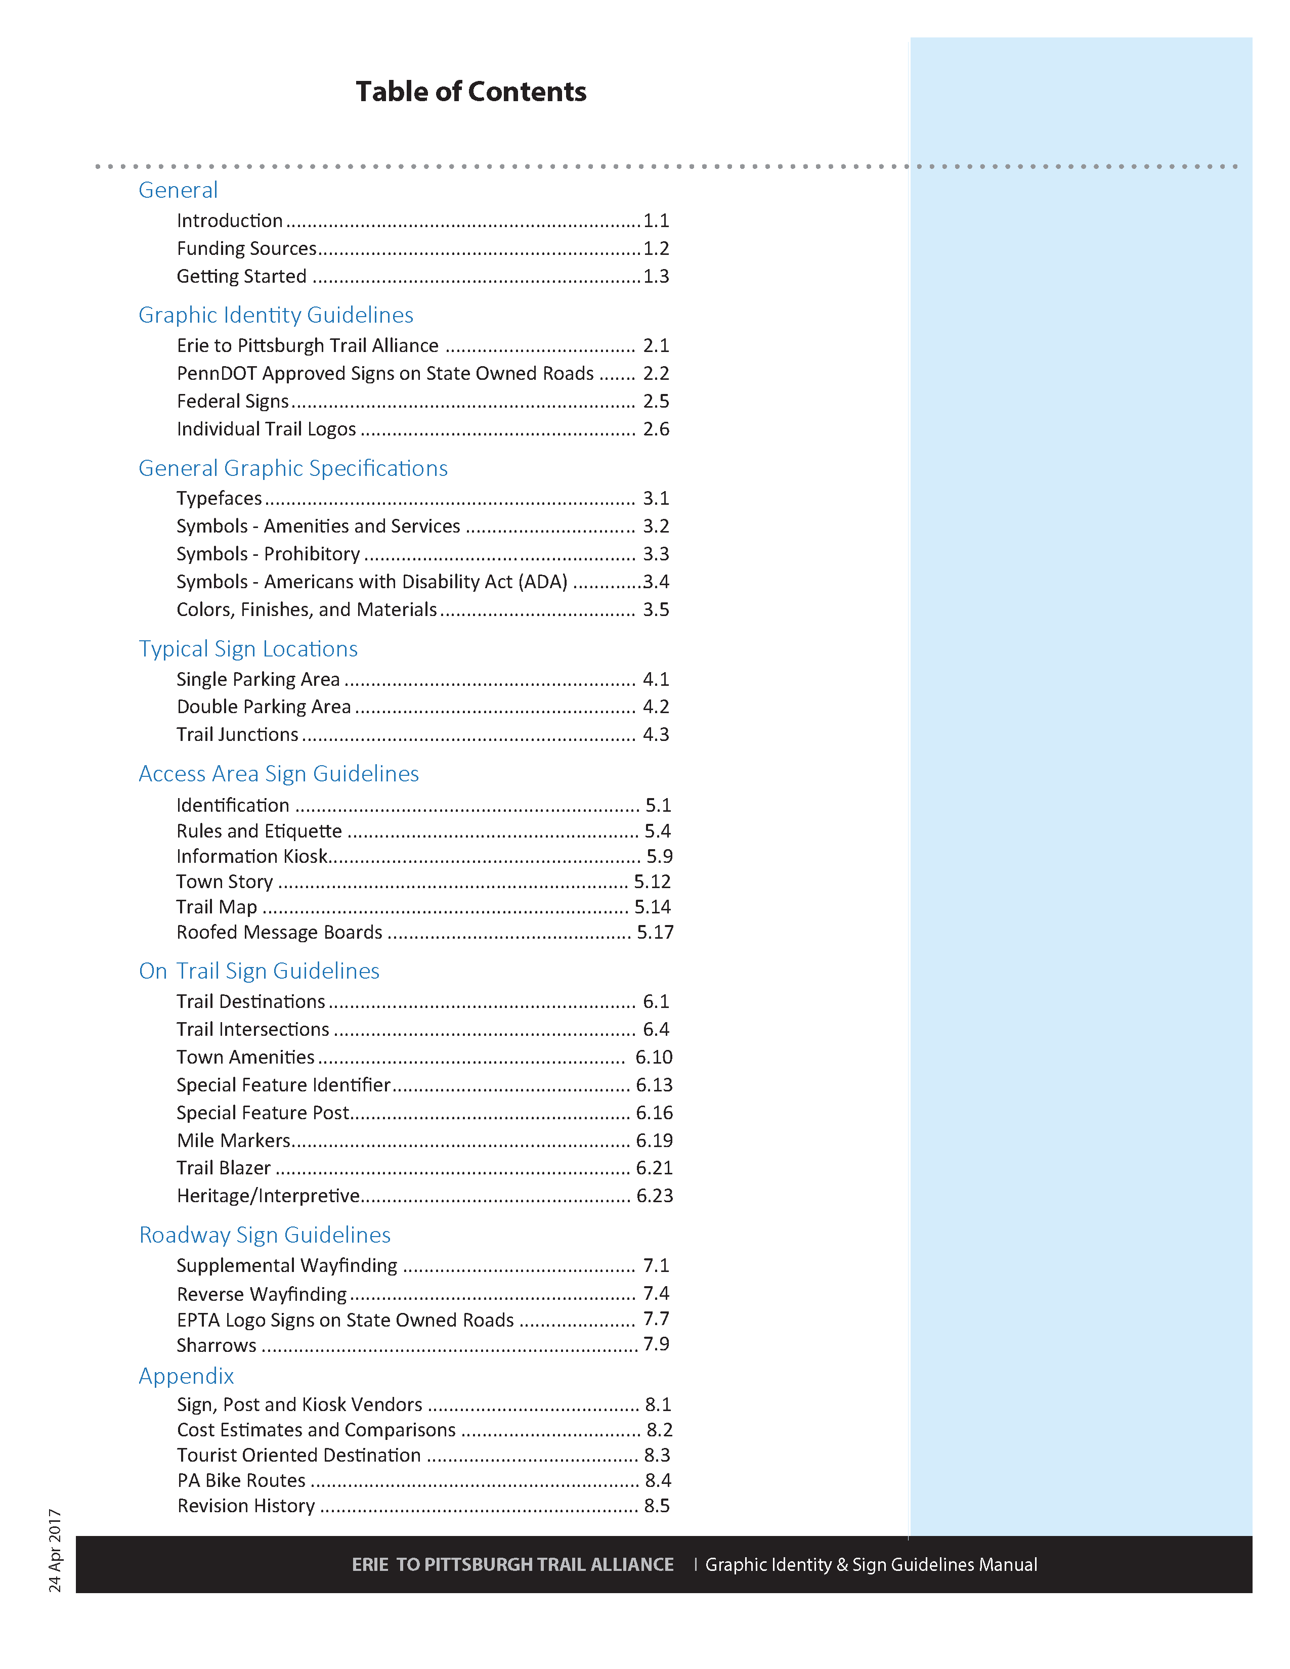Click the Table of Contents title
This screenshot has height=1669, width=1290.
coord(471,92)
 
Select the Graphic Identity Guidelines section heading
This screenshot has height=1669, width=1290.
coord(276,315)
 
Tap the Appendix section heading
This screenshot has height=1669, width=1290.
coord(187,1376)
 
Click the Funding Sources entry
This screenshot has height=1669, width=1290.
coord(246,248)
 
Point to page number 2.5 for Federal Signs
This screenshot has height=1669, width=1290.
coord(656,401)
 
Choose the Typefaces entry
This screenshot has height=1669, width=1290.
coord(220,498)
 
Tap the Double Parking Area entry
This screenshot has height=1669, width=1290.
coord(264,707)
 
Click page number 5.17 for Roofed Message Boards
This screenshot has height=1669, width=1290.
coord(655,932)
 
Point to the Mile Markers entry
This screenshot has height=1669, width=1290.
coord(234,1140)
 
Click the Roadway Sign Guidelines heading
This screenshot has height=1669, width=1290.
coord(265,1235)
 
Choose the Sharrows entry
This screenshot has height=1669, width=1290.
coord(217,1345)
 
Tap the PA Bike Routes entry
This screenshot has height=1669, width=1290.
coord(241,1480)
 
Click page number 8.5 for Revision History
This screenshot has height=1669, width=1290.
coord(657,1506)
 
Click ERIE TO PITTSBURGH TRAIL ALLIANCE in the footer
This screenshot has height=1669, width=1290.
coord(513,1564)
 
